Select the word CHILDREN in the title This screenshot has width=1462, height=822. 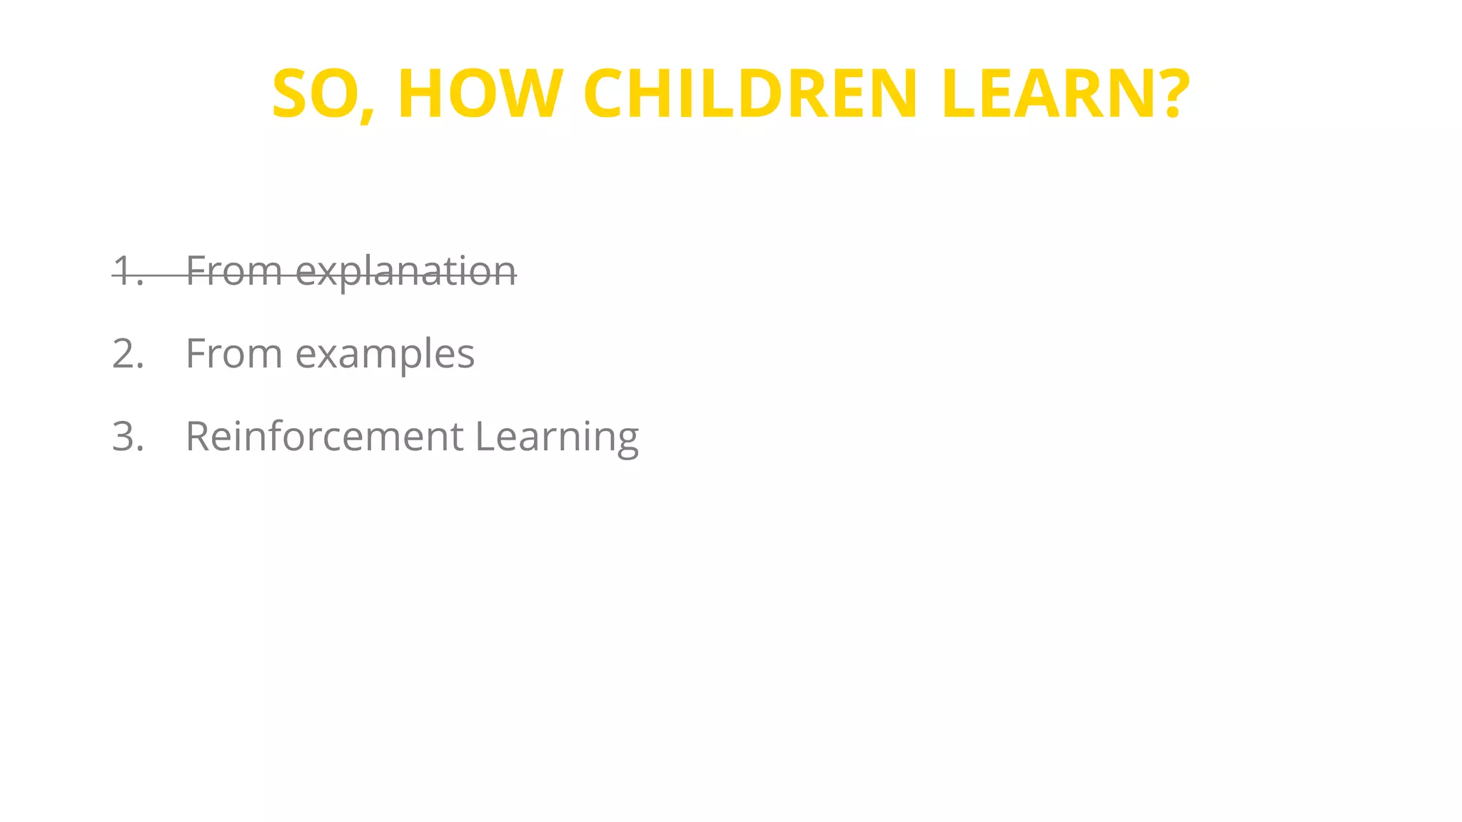(750, 94)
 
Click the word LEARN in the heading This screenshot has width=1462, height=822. (1050, 94)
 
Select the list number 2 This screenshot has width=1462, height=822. (128, 354)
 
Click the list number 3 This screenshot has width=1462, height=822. (128, 437)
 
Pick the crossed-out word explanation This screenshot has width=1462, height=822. (405, 272)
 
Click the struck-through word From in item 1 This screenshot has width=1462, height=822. (234, 272)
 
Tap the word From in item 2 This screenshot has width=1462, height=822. (234, 354)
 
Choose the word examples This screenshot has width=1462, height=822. (385, 354)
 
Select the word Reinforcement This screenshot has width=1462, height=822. (324, 437)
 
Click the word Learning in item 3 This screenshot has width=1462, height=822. (557, 437)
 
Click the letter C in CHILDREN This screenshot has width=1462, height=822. (609, 94)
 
